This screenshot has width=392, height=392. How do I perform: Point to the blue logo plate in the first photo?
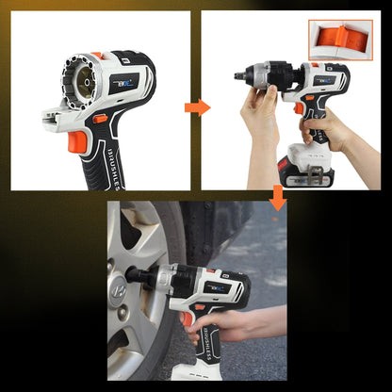coord(123,81)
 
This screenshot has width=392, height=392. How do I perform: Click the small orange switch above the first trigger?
coord(99,119)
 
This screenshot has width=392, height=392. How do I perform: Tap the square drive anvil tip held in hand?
coord(238,73)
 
